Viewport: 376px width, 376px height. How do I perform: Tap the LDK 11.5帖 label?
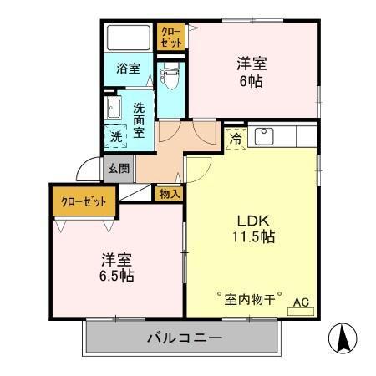coord(254,228)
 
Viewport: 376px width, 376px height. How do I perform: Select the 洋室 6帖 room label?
coord(252,70)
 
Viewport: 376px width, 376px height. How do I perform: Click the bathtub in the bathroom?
coord(128,38)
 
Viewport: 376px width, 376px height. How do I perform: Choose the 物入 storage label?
coord(170,193)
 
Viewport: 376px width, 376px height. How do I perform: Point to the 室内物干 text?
coord(249,297)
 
